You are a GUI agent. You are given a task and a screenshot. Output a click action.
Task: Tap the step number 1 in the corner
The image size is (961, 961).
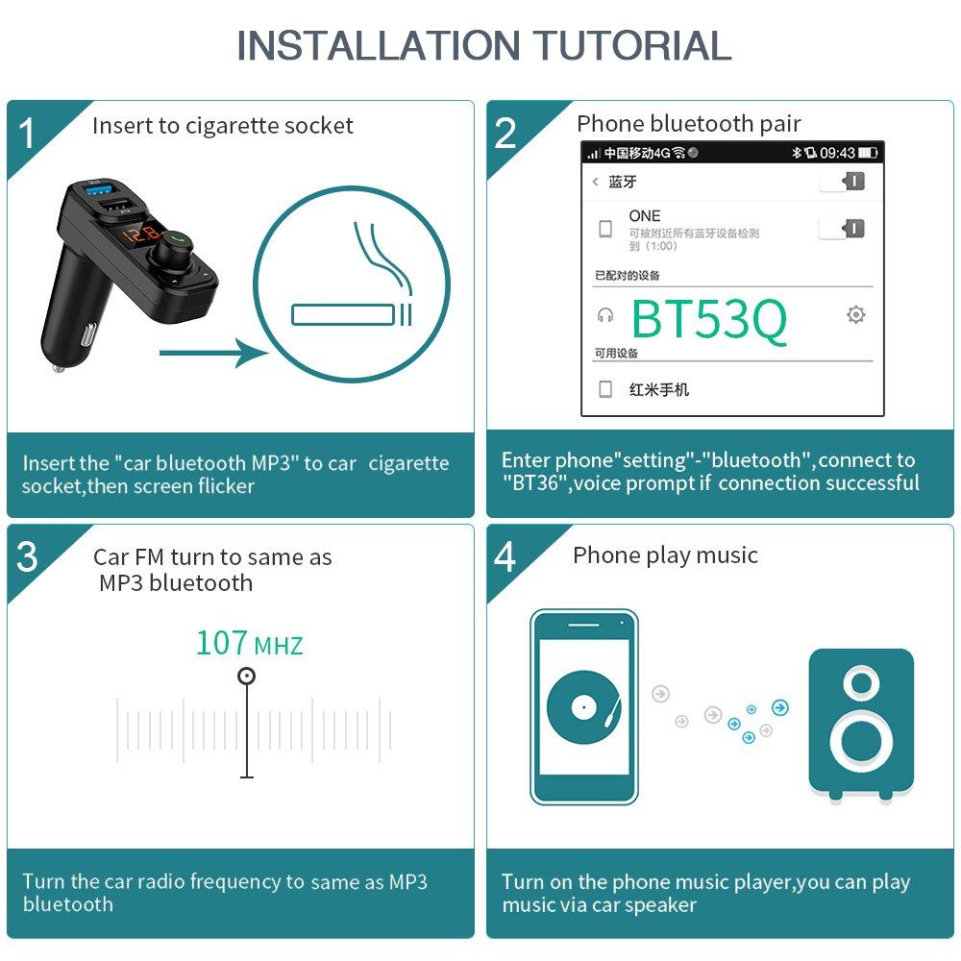(x=27, y=133)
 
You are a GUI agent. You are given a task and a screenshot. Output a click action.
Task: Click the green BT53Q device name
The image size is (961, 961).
(x=709, y=319)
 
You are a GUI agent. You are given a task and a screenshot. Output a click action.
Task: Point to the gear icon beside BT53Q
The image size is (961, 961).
(x=855, y=314)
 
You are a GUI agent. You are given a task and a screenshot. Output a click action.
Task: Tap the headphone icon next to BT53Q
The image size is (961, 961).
(x=605, y=314)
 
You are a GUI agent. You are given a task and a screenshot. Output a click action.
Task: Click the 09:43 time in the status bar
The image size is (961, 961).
(x=837, y=153)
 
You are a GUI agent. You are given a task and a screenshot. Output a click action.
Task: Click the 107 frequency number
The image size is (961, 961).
(x=222, y=642)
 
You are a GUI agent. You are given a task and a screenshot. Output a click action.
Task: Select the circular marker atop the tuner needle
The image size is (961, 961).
(x=247, y=677)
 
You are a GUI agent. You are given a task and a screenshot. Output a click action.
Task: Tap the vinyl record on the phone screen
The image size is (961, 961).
(x=579, y=708)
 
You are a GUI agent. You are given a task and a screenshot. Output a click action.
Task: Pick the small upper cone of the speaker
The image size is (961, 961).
(x=861, y=683)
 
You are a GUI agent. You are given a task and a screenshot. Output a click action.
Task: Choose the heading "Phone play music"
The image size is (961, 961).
(x=665, y=555)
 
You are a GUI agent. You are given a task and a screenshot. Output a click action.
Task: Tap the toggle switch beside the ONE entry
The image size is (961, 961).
(x=843, y=228)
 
